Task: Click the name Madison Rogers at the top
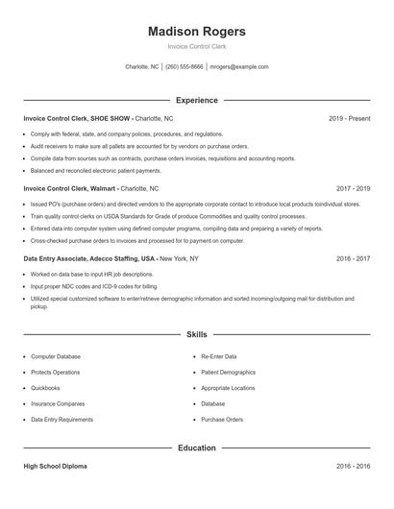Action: point(197,31)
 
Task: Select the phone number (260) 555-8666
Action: point(185,67)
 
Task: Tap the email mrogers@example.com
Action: point(239,67)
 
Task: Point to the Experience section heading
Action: point(197,100)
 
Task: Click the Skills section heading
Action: point(197,334)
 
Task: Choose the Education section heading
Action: point(197,448)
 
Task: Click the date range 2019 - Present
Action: point(349,118)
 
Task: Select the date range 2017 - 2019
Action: point(353,189)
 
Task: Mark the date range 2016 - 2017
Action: point(353,259)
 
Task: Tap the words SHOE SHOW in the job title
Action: point(111,118)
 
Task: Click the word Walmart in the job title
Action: point(102,189)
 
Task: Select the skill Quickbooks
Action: point(45,388)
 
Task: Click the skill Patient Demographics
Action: point(229,372)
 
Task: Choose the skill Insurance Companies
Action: point(58,404)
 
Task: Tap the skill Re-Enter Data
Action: point(220,356)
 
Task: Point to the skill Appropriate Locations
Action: point(229,388)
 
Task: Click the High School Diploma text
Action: point(56,467)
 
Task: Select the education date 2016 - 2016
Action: point(353,467)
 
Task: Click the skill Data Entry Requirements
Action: point(62,420)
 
